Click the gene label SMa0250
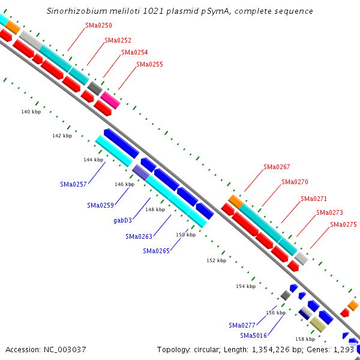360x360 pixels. click(x=98, y=25)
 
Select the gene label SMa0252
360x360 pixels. click(x=118, y=40)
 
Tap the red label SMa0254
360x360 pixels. click(x=134, y=52)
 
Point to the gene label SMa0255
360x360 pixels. click(x=149, y=64)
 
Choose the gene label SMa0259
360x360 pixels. click(x=100, y=205)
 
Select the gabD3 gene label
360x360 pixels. click(x=122, y=220)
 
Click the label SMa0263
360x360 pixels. click(x=139, y=236)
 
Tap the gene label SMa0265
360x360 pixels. click(x=156, y=251)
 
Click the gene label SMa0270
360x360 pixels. click(x=295, y=182)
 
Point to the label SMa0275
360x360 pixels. click(x=343, y=224)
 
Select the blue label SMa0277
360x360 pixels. click(x=242, y=325)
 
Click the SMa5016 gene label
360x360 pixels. click(x=253, y=335)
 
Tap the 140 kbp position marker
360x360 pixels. click(x=31, y=112)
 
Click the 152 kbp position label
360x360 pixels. click(x=216, y=260)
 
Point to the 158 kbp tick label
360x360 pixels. click(x=305, y=339)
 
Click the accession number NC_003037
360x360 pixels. click(x=46, y=349)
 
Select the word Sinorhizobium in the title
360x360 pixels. click(x=74, y=11)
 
